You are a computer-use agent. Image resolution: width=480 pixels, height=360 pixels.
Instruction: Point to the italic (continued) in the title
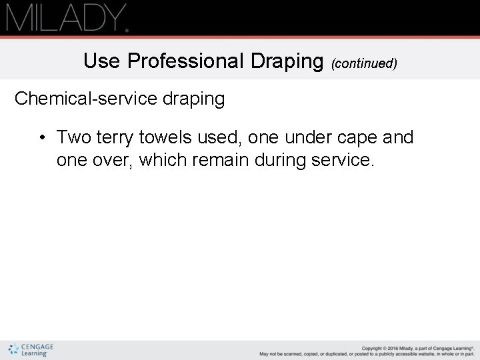coord(364,64)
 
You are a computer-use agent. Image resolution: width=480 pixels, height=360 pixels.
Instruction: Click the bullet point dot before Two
coord(41,139)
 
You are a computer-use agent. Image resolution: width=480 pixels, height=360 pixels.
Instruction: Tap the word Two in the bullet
coord(75,137)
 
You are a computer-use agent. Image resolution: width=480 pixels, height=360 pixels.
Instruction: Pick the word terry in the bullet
coord(116,138)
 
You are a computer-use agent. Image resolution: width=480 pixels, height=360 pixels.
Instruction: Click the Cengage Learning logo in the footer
coord(31,349)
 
